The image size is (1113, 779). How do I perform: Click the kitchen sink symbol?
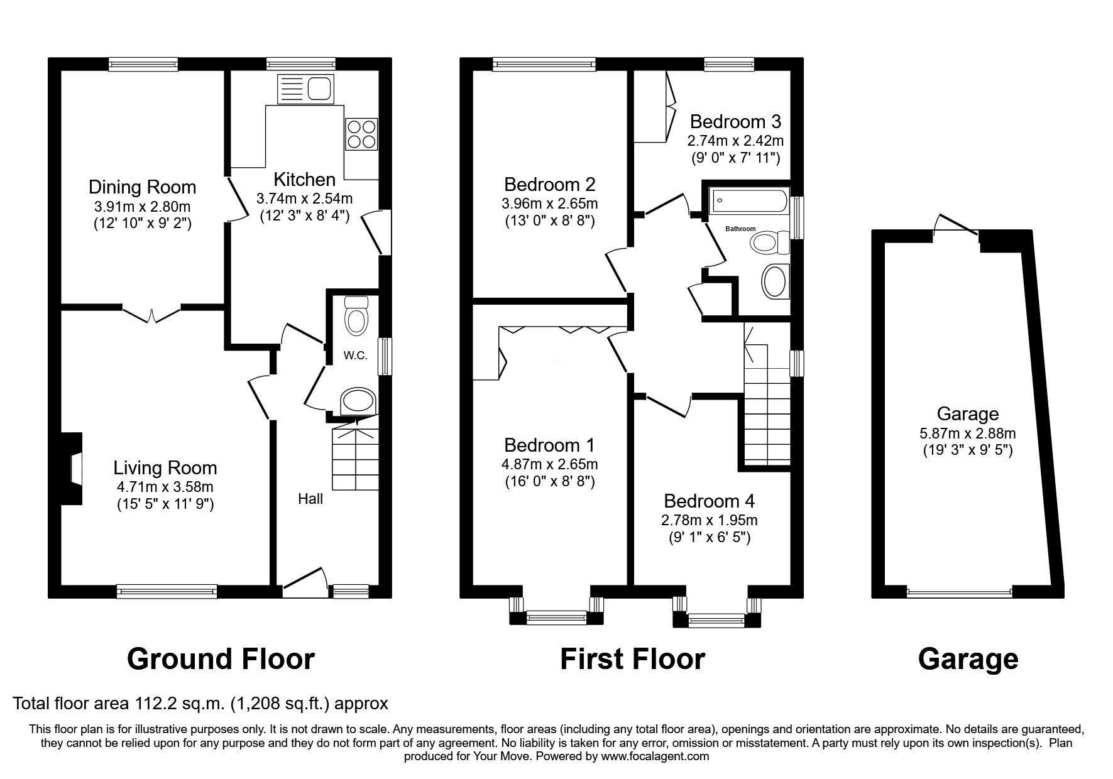pos(305,89)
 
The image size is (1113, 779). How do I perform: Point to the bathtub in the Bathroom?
pos(748,201)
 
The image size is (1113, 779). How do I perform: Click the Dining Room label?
pos(142,187)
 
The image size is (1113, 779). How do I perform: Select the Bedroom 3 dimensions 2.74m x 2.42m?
pos(735,141)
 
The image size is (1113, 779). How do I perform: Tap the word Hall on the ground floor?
pos(310,499)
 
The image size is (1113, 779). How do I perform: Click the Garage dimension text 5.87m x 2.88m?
pos(967,433)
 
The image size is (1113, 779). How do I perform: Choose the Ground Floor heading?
pos(221,660)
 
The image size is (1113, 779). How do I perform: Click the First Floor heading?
pos(632,660)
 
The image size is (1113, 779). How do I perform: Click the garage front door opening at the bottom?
pos(959,592)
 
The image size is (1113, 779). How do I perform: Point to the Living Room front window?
pos(167,591)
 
